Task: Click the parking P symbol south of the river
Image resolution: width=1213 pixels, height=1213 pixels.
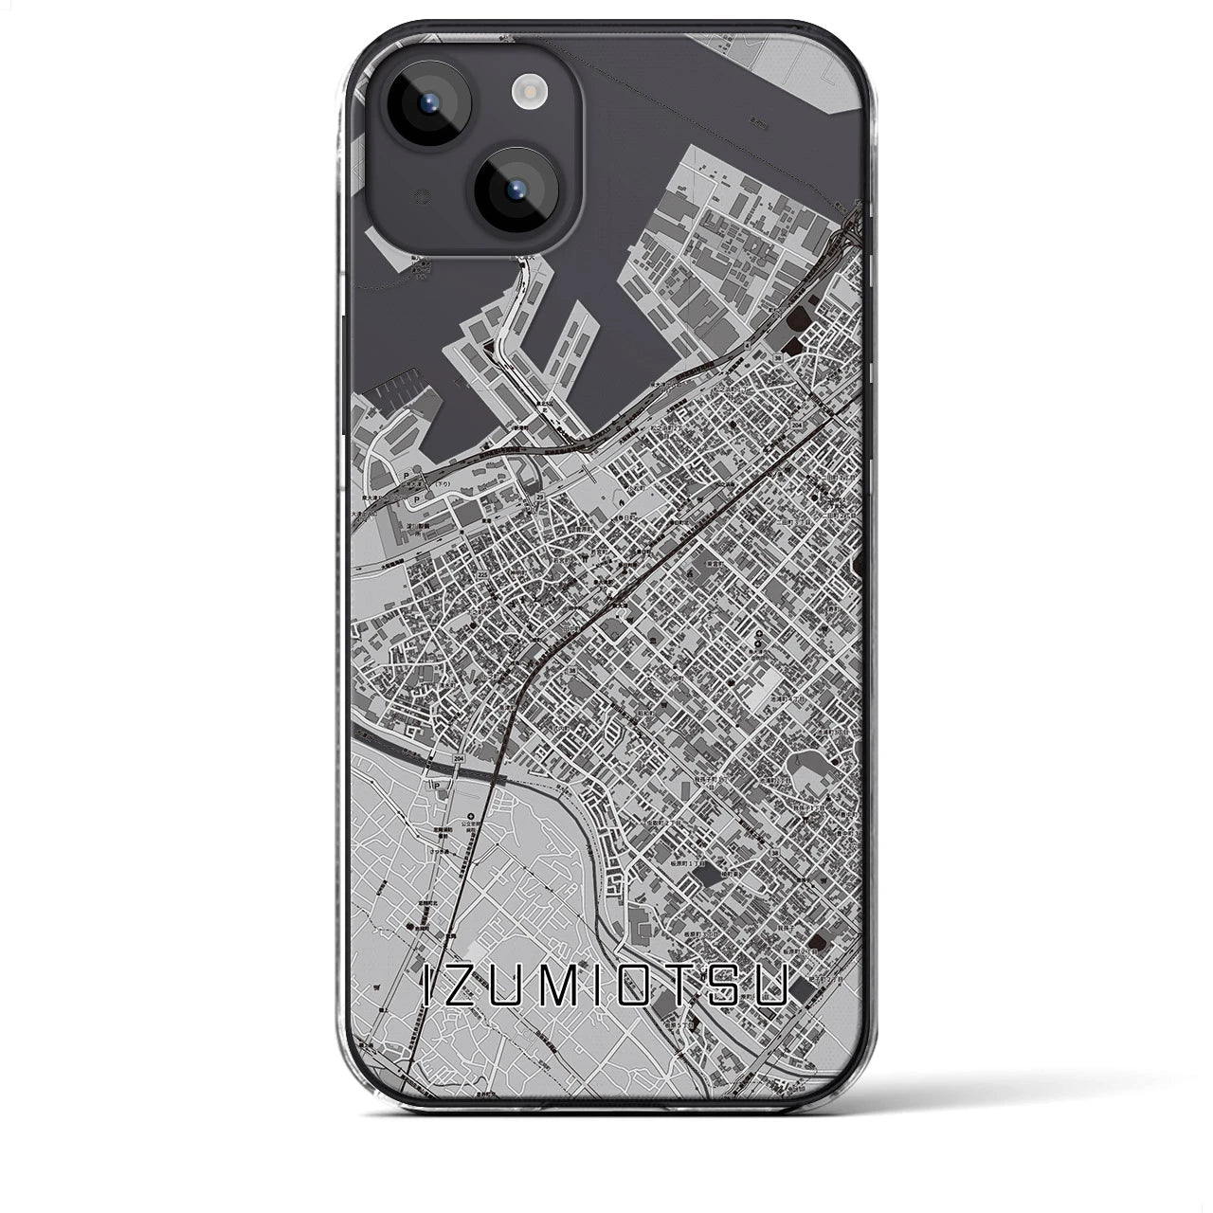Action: click(436, 785)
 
